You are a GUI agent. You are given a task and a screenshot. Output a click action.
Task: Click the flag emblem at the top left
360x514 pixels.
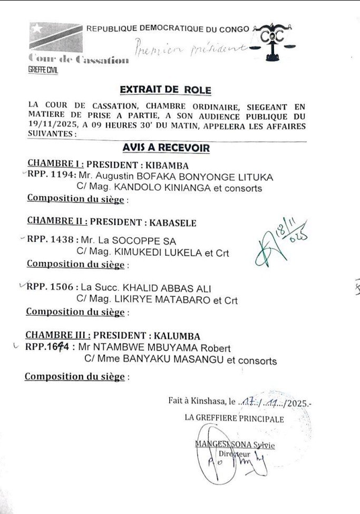56,36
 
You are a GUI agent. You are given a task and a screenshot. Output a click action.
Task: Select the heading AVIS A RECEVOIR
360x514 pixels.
166,148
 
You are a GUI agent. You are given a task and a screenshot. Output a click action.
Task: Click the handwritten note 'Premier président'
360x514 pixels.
190,47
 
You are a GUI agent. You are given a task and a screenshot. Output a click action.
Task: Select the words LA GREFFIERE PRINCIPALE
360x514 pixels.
234,419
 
